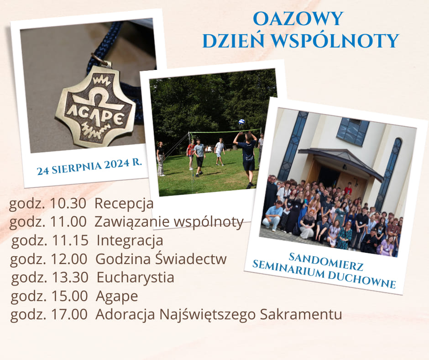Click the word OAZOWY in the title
click(298, 19)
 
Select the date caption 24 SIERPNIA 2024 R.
click(89, 167)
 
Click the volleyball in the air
click(241, 122)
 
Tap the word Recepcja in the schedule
click(124, 204)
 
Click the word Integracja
click(130, 241)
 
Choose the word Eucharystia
click(136, 277)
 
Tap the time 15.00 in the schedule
click(70, 296)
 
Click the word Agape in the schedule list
click(117, 296)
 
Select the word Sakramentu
click(301, 314)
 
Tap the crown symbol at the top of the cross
click(101, 80)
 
